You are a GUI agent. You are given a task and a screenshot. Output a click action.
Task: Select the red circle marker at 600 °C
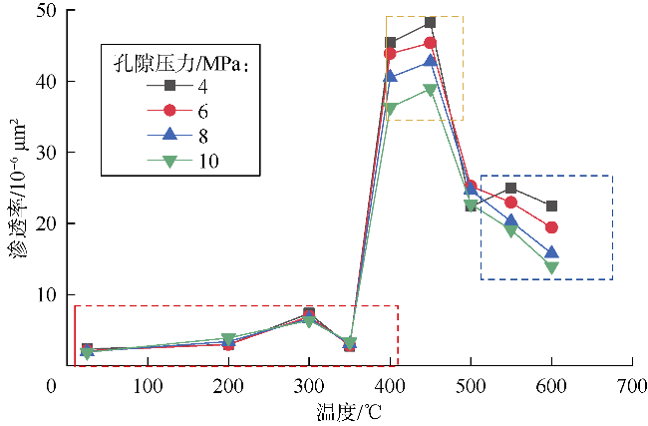pyautogui.click(x=551, y=227)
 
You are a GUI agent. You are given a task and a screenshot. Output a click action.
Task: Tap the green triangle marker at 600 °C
pyautogui.click(x=551, y=266)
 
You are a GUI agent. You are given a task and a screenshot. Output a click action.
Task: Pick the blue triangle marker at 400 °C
pyautogui.click(x=390, y=76)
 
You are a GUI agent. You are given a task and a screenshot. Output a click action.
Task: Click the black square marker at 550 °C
pyautogui.click(x=510, y=188)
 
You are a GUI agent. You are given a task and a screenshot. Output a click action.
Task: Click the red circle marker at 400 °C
pyautogui.click(x=390, y=53)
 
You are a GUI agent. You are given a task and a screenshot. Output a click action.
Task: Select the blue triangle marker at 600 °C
pyautogui.click(x=551, y=252)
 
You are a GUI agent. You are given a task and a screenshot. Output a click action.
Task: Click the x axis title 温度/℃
pyautogui.click(x=348, y=409)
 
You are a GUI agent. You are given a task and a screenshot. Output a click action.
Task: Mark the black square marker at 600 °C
pyautogui.click(x=551, y=207)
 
